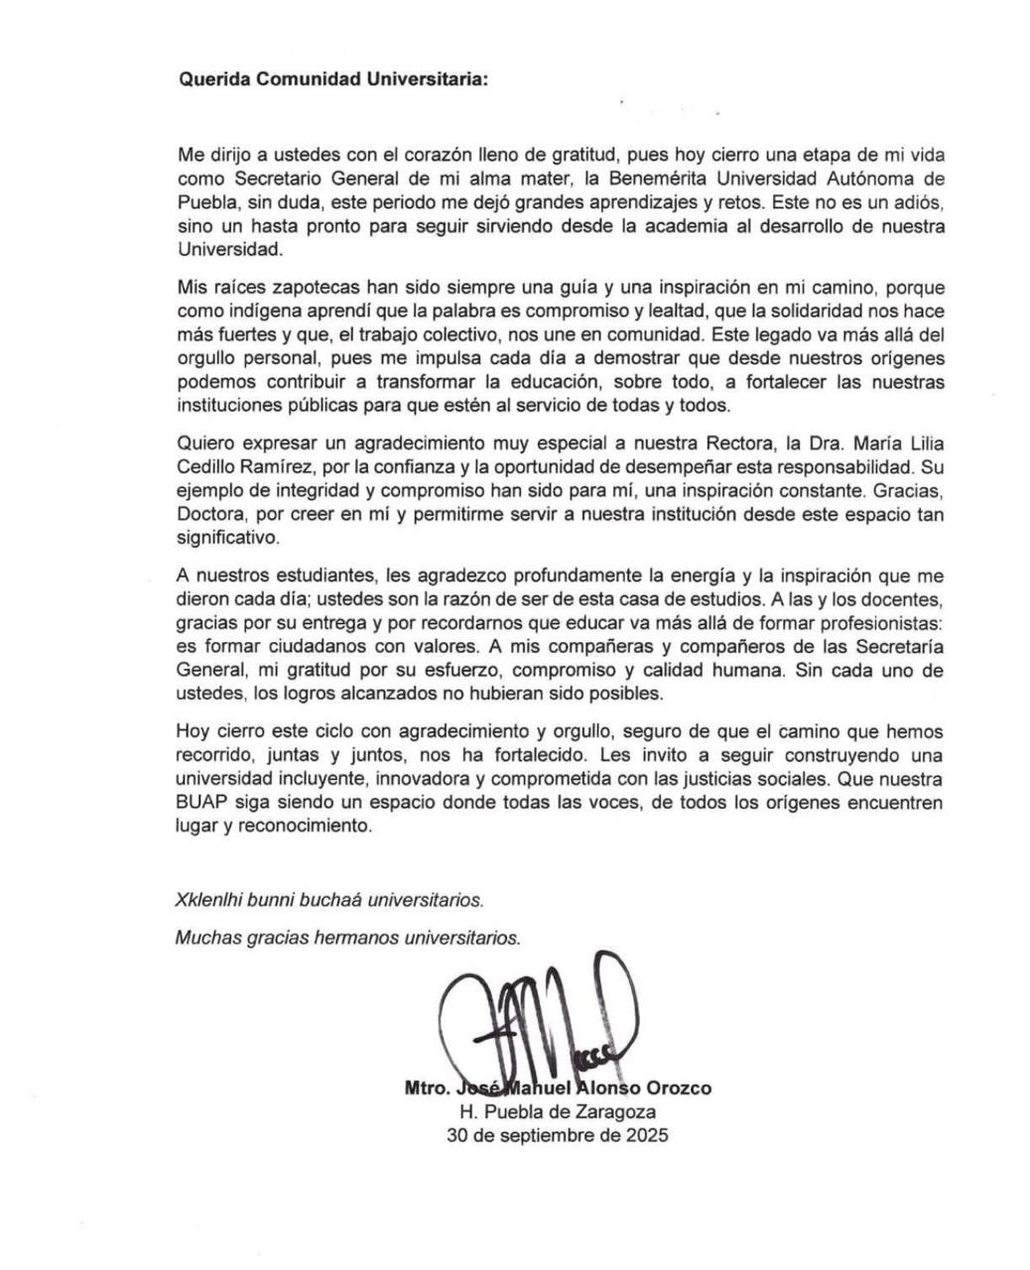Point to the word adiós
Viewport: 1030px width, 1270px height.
(x=917, y=202)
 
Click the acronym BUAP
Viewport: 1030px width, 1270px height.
(x=202, y=802)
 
